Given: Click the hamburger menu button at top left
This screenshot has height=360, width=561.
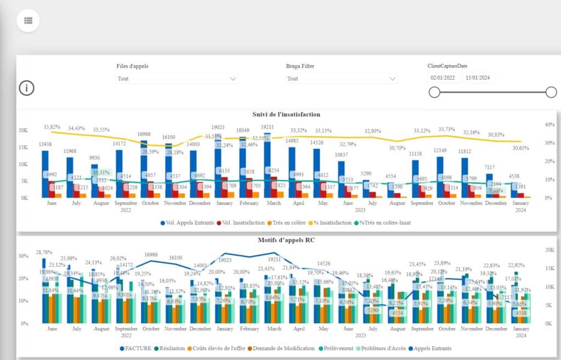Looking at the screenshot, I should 29,20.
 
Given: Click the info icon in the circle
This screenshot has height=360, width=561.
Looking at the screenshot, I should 27,88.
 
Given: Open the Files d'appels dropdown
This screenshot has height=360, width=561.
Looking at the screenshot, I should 177,78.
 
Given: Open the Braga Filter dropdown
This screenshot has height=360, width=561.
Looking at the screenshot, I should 341,78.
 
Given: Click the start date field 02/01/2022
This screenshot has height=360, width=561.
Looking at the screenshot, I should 443,78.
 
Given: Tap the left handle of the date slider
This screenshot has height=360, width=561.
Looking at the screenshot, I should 434,92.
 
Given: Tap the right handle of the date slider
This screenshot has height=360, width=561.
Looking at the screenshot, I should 551,92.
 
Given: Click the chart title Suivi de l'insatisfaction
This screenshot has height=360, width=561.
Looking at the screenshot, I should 286,114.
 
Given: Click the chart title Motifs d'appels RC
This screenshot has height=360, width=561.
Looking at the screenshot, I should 286,240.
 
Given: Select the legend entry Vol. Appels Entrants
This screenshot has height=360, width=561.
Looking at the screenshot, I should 186,223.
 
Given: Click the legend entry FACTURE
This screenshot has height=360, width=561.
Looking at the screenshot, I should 137,348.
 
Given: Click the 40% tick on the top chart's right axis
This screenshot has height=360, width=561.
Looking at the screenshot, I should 548,125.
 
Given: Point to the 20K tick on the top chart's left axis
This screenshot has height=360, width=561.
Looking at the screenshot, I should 24,131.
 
